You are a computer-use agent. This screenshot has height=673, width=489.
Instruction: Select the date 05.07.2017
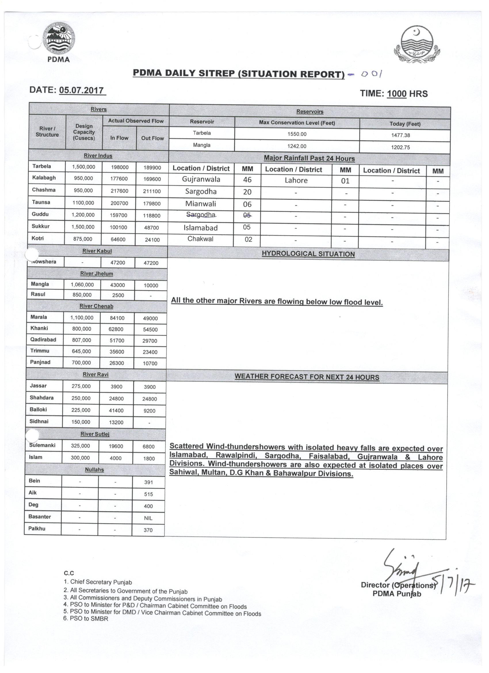(82, 90)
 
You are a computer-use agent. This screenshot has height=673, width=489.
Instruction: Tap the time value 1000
(397, 94)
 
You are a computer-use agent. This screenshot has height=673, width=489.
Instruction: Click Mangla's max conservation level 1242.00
(297, 146)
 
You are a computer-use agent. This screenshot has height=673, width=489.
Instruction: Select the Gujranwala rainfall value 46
(247, 180)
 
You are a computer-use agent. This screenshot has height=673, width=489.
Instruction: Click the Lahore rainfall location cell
(296, 180)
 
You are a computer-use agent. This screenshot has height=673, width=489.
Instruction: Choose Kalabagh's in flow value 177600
(119, 179)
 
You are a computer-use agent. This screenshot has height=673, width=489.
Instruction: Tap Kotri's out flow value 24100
(152, 239)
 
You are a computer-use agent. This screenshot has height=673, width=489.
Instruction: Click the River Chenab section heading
(96, 306)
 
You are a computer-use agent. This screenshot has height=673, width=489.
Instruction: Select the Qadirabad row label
(43, 339)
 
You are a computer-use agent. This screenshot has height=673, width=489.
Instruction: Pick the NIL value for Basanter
(148, 518)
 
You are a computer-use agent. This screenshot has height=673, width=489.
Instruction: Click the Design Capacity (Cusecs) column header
(84, 132)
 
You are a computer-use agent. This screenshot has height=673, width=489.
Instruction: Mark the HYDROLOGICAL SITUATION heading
(308, 254)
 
